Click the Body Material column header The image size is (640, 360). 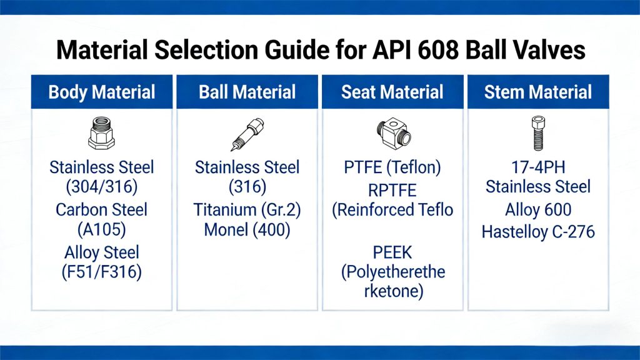[102, 92]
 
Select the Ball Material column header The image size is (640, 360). [247, 92]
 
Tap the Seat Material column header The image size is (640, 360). [392, 92]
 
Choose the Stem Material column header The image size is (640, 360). [537, 92]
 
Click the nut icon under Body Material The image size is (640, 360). [101, 134]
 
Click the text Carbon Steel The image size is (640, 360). [101, 209]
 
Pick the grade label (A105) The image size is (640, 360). [101, 229]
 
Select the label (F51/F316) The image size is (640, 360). [101, 272]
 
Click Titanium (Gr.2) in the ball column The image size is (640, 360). [247, 209]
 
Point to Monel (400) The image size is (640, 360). [247, 229]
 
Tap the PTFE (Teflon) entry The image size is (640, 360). [392, 167]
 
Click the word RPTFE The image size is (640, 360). [392, 189]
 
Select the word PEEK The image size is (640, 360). [392, 252]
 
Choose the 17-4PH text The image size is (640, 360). [538, 167]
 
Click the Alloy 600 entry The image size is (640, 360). [538, 210]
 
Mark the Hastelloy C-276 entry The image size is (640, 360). [538, 232]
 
